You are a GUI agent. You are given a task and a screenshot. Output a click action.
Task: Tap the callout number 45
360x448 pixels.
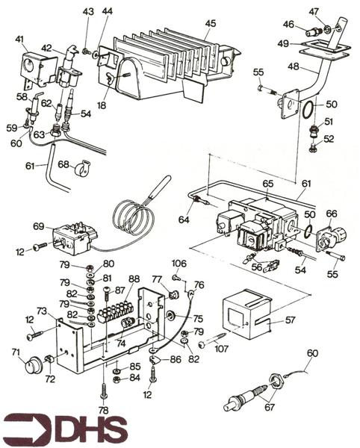click(x=210, y=23)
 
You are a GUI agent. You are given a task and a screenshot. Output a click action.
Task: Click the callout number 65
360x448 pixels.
click(x=267, y=182)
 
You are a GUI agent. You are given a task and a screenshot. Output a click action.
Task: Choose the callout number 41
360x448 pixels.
click(x=19, y=39)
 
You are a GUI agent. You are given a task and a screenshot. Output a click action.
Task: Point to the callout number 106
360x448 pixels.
click(x=179, y=264)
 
